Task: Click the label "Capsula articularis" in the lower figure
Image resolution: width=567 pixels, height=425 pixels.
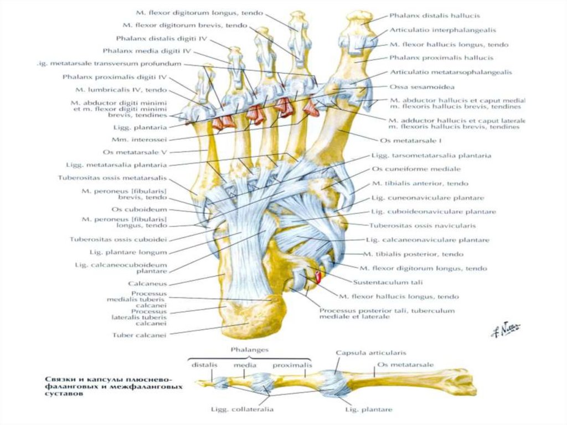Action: pyautogui.click(x=370, y=352)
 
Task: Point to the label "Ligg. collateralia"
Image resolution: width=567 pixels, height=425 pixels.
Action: pyautogui.click(x=241, y=410)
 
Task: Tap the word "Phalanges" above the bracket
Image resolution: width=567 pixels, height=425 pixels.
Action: pyautogui.click(x=249, y=350)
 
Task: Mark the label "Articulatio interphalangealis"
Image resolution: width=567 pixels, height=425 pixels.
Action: pyautogui.click(x=442, y=30)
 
